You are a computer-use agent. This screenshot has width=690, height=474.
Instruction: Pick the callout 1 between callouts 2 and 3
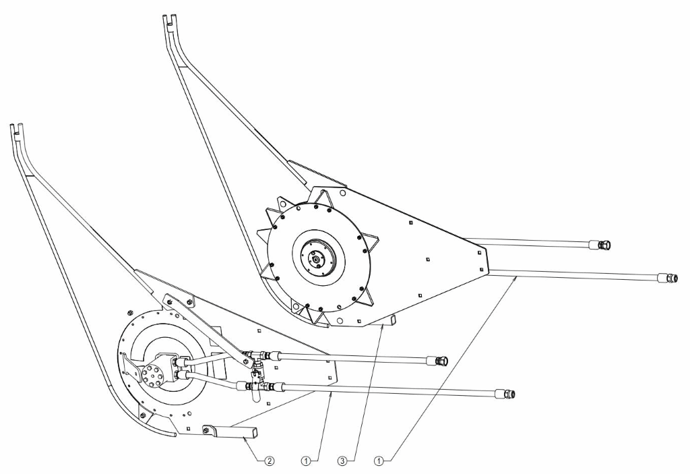pos(307,462)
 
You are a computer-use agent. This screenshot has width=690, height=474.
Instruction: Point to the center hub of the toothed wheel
pos(315,256)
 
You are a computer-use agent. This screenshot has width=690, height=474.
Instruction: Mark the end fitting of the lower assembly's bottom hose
pos(504,394)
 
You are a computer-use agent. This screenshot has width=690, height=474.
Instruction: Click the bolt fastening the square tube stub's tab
pos(206,427)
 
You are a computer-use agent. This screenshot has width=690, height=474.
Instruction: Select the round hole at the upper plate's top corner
pos(343,193)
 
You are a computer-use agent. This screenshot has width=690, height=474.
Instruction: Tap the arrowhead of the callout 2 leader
pos(244,438)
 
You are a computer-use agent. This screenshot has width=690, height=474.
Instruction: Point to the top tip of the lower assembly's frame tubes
pos(16,125)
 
